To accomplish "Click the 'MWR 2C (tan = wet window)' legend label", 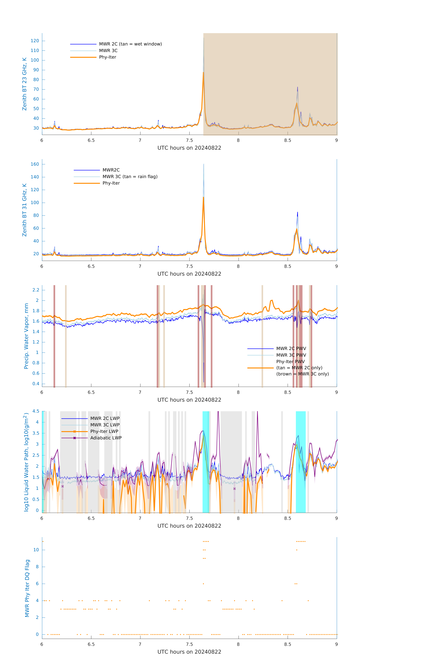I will point(130,44).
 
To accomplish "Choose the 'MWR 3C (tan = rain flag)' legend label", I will point(130,177).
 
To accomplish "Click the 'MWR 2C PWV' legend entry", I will point(291,349).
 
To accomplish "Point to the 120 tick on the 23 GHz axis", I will point(35,41).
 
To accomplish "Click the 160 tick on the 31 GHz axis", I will point(35,164).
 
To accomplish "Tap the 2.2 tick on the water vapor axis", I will point(36,290).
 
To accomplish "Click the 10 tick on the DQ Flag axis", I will point(36,550).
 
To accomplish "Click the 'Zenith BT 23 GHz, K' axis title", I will point(25,84).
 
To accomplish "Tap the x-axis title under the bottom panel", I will point(189,652).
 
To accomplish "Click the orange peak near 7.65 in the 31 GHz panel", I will point(203,198).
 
